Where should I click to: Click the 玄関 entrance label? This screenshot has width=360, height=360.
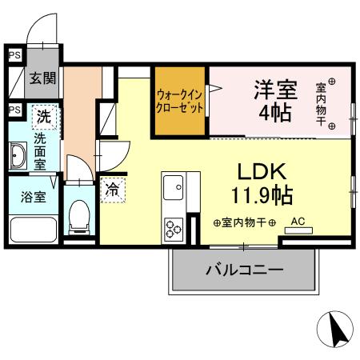tap(42, 78)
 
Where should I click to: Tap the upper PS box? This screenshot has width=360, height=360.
tap(14, 56)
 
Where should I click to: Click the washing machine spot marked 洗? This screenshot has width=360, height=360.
tap(45, 117)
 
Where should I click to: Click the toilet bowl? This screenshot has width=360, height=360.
tap(79, 215)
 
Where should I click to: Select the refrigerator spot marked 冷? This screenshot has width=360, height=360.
tap(113, 190)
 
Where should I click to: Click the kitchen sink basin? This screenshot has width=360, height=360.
tap(174, 189)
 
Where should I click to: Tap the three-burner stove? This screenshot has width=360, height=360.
tap(174, 229)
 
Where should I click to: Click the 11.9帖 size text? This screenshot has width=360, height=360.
tap(262, 194)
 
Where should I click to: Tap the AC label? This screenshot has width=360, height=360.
tap(298, 221)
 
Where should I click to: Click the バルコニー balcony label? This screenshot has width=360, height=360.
tap(245, 270)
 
